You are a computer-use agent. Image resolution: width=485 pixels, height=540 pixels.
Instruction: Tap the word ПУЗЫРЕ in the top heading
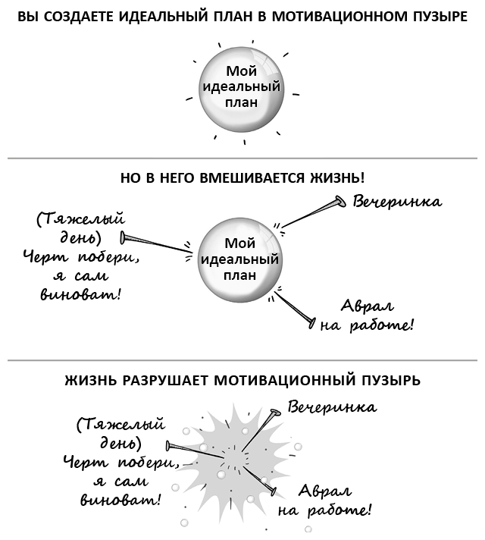[x=437, y=16]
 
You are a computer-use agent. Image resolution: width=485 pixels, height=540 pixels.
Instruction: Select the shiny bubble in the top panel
[x=240, y=91]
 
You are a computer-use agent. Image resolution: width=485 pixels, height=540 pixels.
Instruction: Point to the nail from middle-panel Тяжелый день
[x=155, y=241]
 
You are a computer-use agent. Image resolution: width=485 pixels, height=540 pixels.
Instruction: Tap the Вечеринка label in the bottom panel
[x=332, y=407]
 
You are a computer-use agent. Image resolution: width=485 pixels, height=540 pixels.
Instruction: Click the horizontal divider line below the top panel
[x=242, y=158]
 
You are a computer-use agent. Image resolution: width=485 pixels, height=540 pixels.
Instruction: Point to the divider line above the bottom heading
[x=242, y=359]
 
